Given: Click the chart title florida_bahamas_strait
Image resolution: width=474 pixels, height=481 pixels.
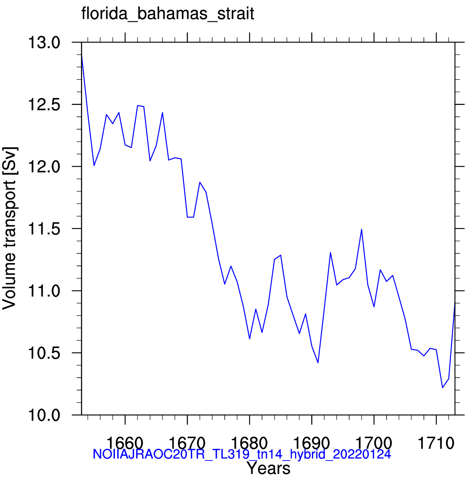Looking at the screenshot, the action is pos(167,14).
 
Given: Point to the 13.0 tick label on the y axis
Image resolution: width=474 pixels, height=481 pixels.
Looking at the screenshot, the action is pos(44,42).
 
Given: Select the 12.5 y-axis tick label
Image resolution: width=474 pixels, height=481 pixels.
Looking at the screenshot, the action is pos(44,105).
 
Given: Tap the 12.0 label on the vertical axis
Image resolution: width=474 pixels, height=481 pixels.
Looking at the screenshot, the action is pos(44,167).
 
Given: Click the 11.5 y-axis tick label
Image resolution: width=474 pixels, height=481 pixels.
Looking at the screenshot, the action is pos(44,229).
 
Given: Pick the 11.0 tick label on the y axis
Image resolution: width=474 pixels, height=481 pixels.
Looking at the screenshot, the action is pos(44,291).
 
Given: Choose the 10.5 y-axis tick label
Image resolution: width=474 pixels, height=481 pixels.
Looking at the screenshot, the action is pos(44,353).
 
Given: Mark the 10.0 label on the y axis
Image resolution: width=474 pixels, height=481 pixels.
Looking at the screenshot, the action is pos(44,415).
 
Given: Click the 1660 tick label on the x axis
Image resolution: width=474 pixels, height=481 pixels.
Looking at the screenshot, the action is pos(125,443).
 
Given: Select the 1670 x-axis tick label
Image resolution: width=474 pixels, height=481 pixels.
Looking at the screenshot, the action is pos(187,443).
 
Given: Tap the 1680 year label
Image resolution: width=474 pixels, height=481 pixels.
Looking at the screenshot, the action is pos(250,443).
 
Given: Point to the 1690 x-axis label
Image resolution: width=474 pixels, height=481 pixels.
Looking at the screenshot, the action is pos(312,443).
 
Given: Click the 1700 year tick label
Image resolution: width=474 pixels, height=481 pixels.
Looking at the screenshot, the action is pos(374,443).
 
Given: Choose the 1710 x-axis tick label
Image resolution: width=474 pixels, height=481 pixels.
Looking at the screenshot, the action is pos(436,443).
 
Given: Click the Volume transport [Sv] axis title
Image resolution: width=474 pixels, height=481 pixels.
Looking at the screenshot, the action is pos(9,229).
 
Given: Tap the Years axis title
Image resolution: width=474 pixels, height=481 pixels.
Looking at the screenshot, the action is pos(268,468).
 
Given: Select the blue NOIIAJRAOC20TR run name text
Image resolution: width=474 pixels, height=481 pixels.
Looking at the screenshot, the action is pos(242,454).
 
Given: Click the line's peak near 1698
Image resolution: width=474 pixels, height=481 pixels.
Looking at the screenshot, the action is pos(362,229).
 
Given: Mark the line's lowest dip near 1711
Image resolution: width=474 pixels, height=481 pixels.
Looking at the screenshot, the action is pos(442,387).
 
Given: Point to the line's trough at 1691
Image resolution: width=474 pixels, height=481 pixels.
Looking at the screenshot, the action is pos(318,362).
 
